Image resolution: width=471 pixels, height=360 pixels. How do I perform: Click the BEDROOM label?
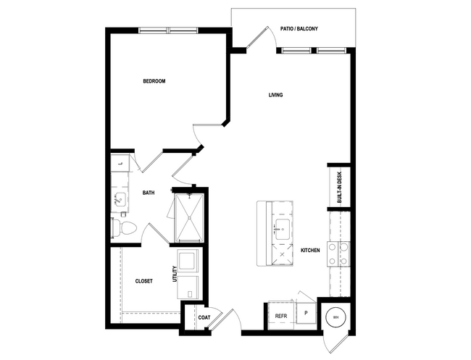point(154,81)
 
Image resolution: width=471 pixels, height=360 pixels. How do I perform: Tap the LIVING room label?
point(275,95)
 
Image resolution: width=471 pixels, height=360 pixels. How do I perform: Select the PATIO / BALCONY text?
point(299,29)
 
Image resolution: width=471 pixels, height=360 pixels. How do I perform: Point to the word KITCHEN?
point(310,251)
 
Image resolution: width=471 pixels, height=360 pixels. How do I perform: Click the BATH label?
point(148,193)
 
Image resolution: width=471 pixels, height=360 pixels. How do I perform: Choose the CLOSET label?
point(143,281)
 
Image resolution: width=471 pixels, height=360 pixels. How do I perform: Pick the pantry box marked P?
point(305,315)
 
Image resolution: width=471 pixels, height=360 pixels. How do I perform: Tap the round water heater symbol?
point(335,315)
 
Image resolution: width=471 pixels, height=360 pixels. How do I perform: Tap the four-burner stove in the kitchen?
point(338,254)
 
